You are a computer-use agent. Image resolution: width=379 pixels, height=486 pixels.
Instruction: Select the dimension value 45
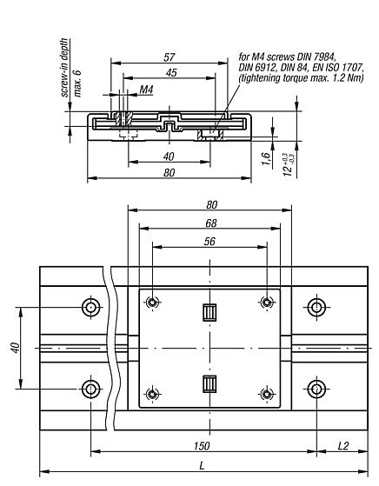click(171, 73)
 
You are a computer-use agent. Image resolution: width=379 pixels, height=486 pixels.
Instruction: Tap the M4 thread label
click(146, 90)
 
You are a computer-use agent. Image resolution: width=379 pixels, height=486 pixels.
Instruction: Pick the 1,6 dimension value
click(264, 157)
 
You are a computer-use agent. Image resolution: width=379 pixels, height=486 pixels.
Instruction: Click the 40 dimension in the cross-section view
click(169, 156)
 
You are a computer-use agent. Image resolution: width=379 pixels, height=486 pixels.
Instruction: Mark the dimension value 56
click(209, 241)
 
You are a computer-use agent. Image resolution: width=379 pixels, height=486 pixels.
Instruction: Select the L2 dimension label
click(346, 445)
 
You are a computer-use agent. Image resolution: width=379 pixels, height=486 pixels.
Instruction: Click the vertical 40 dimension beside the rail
click(15, 347)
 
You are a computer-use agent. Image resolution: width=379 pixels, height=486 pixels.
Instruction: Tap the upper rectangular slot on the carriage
click(209, 312)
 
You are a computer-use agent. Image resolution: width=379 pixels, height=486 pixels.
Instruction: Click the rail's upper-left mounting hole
click(90, 307)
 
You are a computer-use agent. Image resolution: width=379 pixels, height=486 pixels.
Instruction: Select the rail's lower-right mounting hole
click(319, 387)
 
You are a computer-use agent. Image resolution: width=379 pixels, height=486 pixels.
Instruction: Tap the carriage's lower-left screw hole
click(152, 394)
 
